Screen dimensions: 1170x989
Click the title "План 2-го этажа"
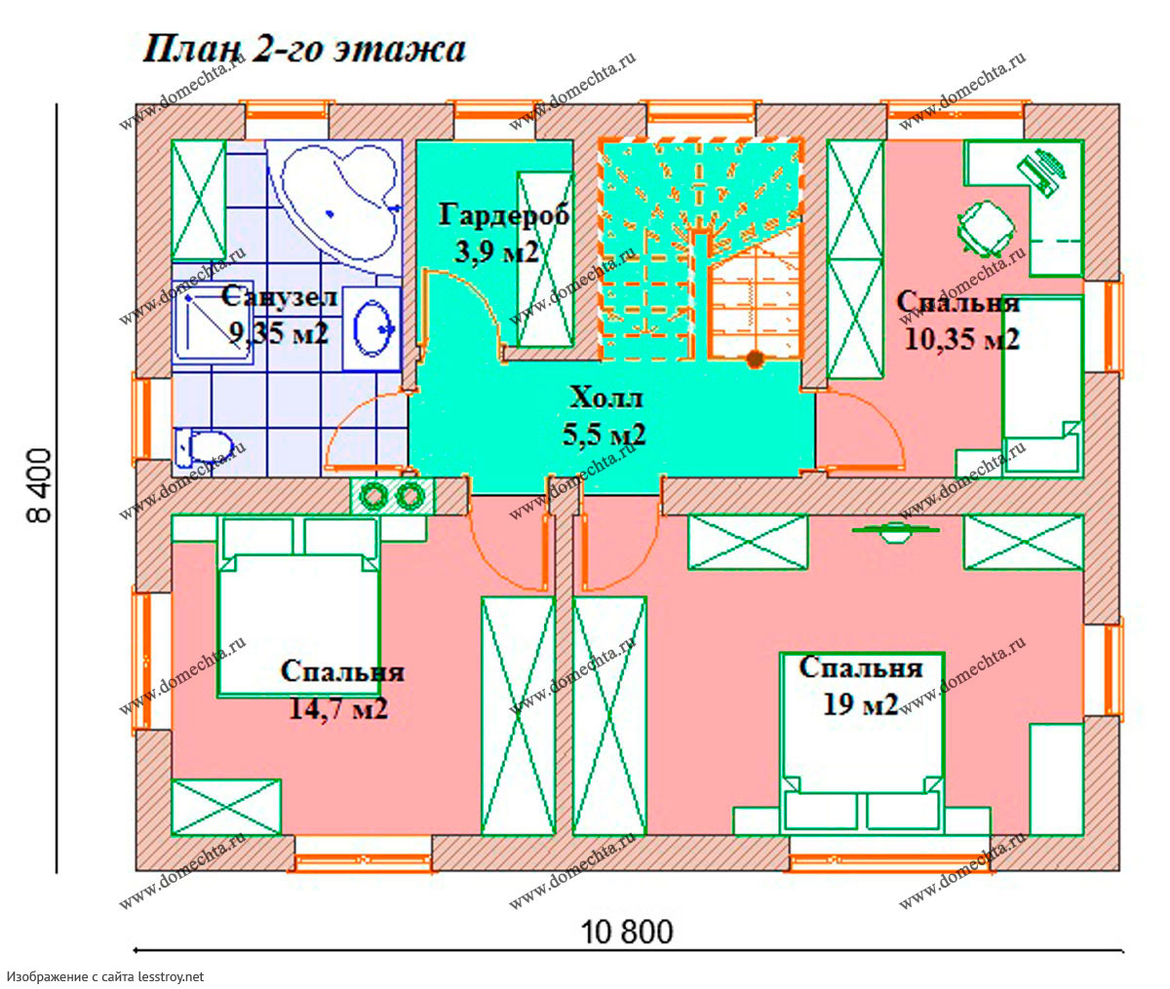[x=304, y=51]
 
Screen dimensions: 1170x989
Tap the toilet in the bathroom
[x=203, y=447]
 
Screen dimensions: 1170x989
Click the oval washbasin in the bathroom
[x=372, y=327]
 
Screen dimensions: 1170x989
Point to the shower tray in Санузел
[x=213, y=322]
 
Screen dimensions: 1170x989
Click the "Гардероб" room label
[x=504, y=215]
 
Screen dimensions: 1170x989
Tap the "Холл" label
[x=605, y=398]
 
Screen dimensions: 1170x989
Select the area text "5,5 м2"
[x=604, y=435]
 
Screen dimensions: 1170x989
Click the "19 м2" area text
[x=860, y=704]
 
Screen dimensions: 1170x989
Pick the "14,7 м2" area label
[x=338, y=708]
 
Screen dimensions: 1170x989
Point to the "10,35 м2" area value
[x=962, y=339]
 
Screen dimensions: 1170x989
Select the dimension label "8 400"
[x=40, y=485]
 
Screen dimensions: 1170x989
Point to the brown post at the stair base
[x=755, y=359]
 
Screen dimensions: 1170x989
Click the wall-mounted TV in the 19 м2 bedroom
[x=895, y=531]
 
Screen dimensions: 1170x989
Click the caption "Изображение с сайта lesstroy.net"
[x=105, y=976]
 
